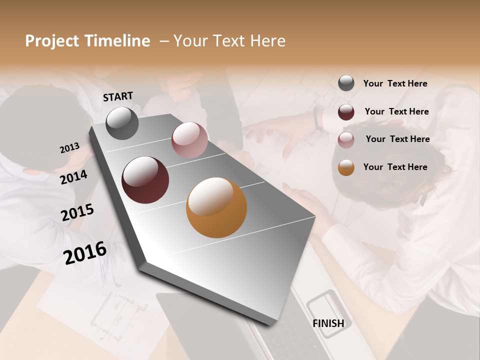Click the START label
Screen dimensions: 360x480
pos(118,96)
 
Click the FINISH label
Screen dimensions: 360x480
pos(328,323)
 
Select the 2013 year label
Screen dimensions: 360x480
pos(69,148)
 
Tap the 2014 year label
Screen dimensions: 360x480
pos(73,177)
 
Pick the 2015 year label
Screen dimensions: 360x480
pos(77,212)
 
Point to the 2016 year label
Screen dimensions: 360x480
pos(85,252)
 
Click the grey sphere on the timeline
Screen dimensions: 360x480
pos(122,123)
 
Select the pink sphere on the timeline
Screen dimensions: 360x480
pos(189,140)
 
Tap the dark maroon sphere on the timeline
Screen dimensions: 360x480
pos(145,180)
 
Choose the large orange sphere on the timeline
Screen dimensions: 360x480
pos(216,207)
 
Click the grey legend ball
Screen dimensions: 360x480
pos(346,83)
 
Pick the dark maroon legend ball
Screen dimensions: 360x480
pos(346,112)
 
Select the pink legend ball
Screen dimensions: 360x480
pos(346,140)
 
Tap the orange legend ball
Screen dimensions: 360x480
pos(346,167)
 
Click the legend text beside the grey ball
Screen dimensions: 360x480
pos(395,83)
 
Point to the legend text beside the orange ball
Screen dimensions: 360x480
pos(395,167)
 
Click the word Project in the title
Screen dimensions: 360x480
pos(52,41)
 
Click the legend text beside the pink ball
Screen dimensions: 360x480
pos(397,139)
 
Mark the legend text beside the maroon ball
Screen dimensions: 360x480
pos(396,111)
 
